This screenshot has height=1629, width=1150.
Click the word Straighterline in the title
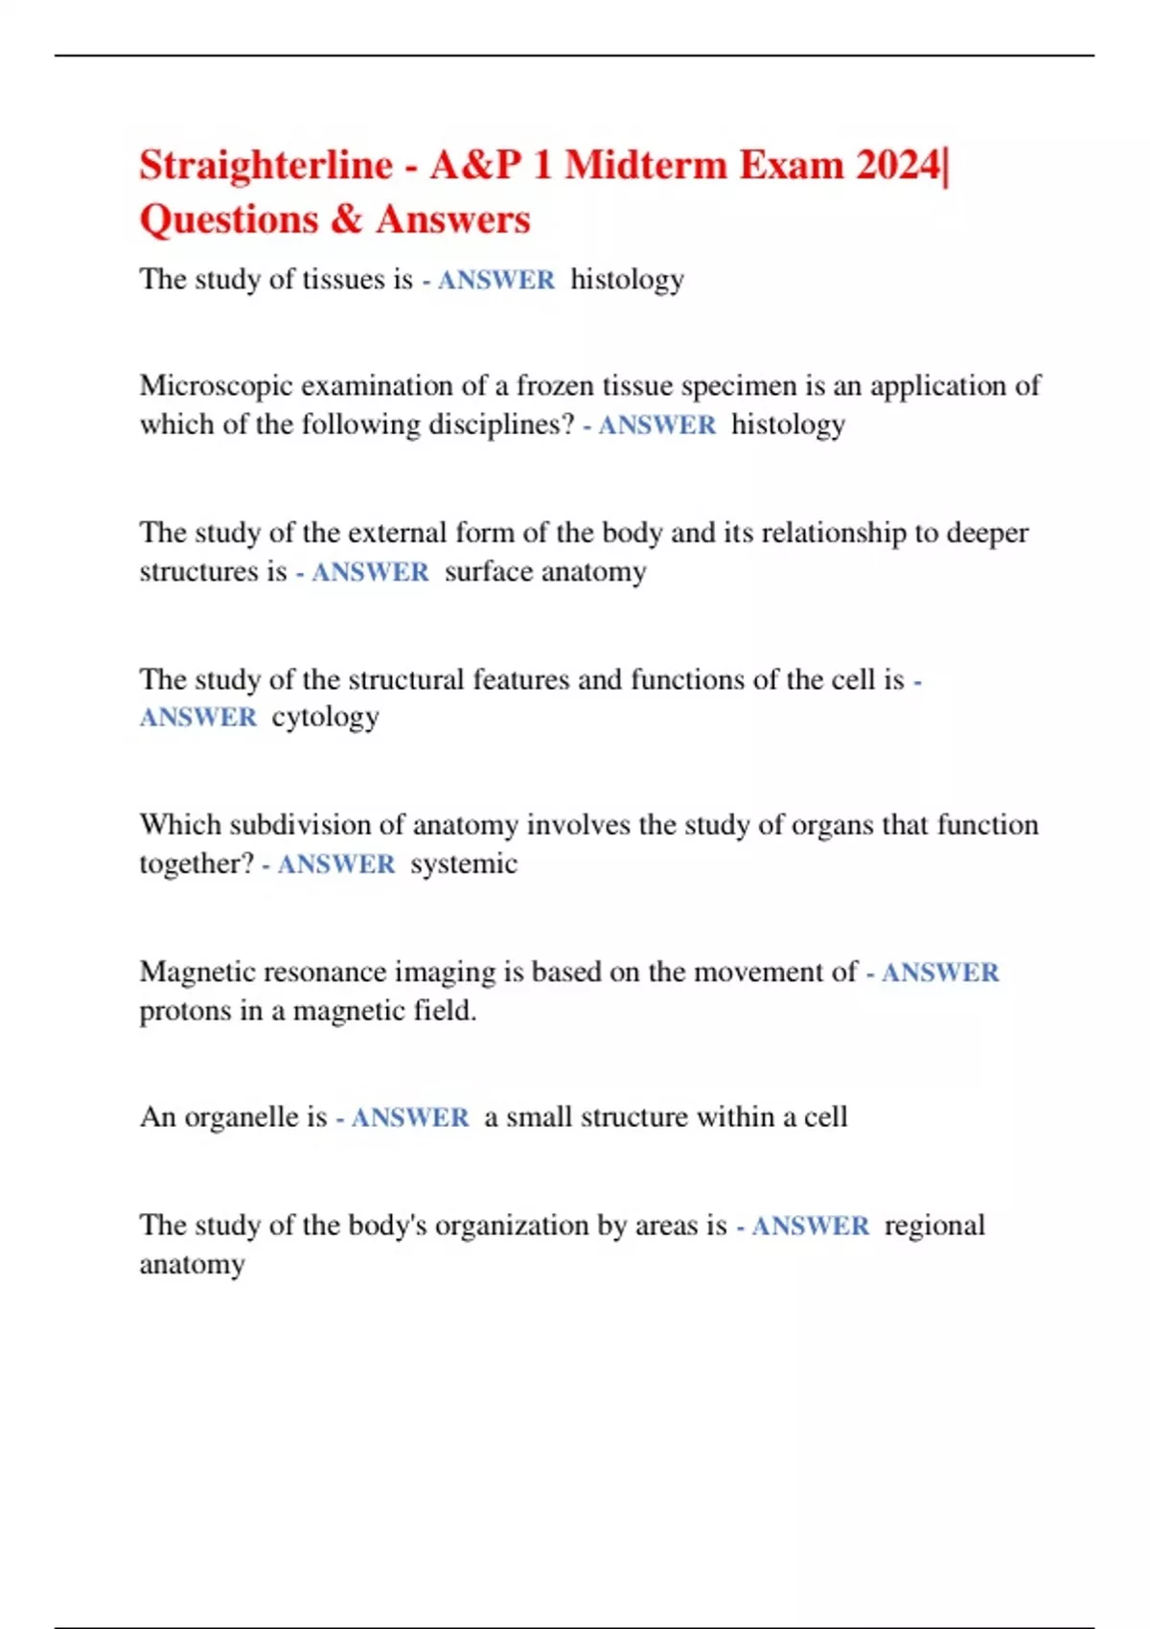(x=265, y=166)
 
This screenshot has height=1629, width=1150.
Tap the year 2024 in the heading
(x=898, y=166)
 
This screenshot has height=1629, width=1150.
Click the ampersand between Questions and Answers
(x=346, y=219)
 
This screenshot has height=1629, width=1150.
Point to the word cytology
(x=325, y=718)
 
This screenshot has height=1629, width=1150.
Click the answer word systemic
(x=464, y=864)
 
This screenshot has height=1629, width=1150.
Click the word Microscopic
(x=216, y=386)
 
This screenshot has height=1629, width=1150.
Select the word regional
(x=934, y=1226)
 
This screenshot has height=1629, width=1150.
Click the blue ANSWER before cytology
(x=198, y=718)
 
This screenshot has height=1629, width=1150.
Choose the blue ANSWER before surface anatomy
(x=370, y=572)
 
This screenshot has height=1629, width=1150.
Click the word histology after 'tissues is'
(x=627, y=280)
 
